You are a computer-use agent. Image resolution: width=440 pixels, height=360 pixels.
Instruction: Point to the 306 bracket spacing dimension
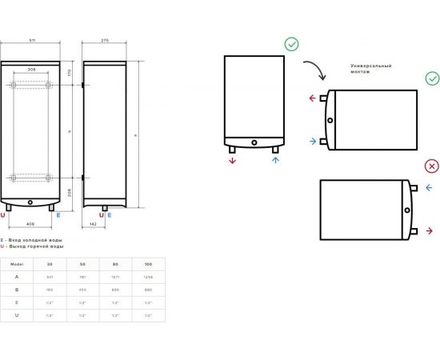click(31, 70)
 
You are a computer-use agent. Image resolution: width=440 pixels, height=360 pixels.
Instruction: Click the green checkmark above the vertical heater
click(292, 44)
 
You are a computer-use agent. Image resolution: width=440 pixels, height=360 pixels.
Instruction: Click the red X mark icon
click(432, 166)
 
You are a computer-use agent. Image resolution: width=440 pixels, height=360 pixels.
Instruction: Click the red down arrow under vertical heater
click(233, 160)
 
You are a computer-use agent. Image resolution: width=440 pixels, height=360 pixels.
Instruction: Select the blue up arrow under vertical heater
click(276, 160)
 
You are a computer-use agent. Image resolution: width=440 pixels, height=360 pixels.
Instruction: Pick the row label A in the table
click(17, 276)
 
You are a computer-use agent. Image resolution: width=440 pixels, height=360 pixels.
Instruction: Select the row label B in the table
click(17, 289)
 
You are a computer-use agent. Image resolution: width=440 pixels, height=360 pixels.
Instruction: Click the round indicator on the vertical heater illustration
click(254, 144)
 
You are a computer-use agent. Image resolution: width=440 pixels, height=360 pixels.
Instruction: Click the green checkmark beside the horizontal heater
click(432, 78)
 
